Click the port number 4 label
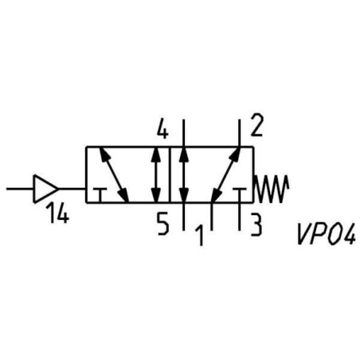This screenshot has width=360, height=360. [162, 130]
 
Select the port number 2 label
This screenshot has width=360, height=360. [256, 125]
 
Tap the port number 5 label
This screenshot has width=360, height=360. [162, 225]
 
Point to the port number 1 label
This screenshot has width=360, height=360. [200, 235]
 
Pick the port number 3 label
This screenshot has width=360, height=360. [256, 225]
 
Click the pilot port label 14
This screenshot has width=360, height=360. [58, 213]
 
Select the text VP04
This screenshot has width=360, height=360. [326, 234]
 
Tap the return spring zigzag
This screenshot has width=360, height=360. [271, 189]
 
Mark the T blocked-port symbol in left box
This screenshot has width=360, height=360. [100, 195]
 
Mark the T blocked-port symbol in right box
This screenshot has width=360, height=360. [240, 195]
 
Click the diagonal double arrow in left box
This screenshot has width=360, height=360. [114, 174]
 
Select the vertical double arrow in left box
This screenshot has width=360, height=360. [155, 174]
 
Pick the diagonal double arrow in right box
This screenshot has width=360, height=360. [226, 174]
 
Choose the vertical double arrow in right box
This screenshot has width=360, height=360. [183, 174]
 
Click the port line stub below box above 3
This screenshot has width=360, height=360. [240, 217]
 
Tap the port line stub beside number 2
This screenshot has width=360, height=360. [240, 133]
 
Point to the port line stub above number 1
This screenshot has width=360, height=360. [212, 217]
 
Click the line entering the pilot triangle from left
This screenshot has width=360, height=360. [20, 189]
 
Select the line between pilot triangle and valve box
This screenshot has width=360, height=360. [72, 189]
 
